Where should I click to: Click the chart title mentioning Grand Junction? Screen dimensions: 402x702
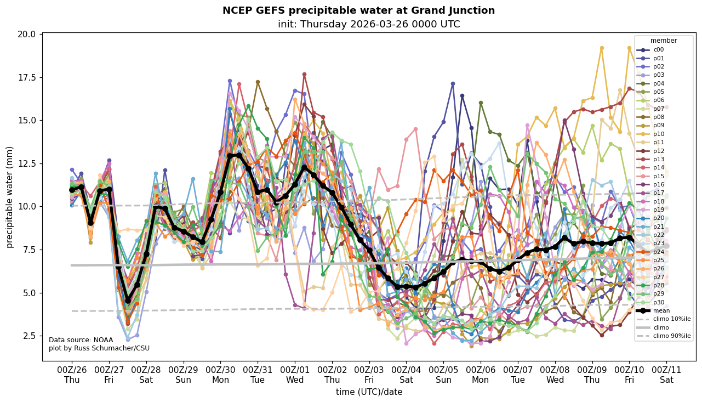click(x=358, y=10)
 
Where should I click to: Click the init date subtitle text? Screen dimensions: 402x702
click(x=369, y=24)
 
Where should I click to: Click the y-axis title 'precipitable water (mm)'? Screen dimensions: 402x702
click(x=10, y=197)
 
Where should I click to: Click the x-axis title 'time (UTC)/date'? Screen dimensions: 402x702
click(x=369, y=392)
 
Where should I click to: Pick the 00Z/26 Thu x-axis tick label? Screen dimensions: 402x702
click(x=72, y=375)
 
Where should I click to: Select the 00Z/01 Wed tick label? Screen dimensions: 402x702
click(x=295, y=375)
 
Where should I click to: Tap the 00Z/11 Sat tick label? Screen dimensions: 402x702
click(x=666, y=375)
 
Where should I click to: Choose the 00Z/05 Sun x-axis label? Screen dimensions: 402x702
click(x=443, y=375)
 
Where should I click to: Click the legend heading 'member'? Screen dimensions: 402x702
click(x=664, y=41)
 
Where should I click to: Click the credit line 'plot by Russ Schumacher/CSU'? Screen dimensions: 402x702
click(x=99, y=348)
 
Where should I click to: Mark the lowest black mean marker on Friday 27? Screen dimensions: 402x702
click(x=128, y=301)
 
